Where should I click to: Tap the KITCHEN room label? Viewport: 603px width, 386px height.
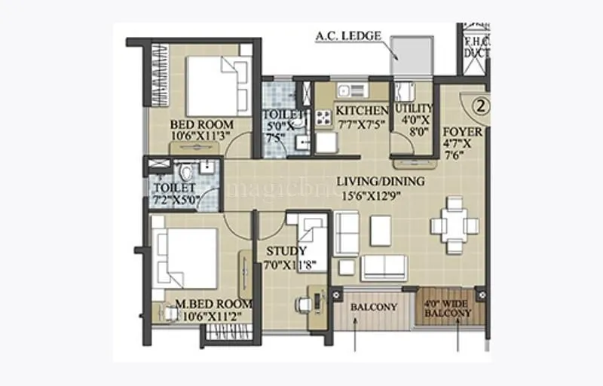click(x=362, y=111)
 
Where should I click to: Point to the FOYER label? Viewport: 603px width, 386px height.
click(x=462, y=132)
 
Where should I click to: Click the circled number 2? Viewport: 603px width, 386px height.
click(x=477, y=106)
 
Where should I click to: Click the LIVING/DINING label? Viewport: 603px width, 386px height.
click(x=380, y=181)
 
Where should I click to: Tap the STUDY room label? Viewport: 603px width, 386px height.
click(x=286, y=251)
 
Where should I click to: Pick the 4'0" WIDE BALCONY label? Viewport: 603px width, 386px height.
click(x=448, y=307)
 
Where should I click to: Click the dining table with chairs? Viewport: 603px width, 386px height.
click(x=455, y=225)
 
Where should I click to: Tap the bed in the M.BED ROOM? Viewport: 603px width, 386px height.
click(x=185, y=258)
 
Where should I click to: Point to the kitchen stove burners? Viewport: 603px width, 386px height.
click(x=323, y=117)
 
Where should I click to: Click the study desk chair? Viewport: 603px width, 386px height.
click(x=303, y=304)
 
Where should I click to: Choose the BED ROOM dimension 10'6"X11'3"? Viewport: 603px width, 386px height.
click(x=200, y=136)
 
